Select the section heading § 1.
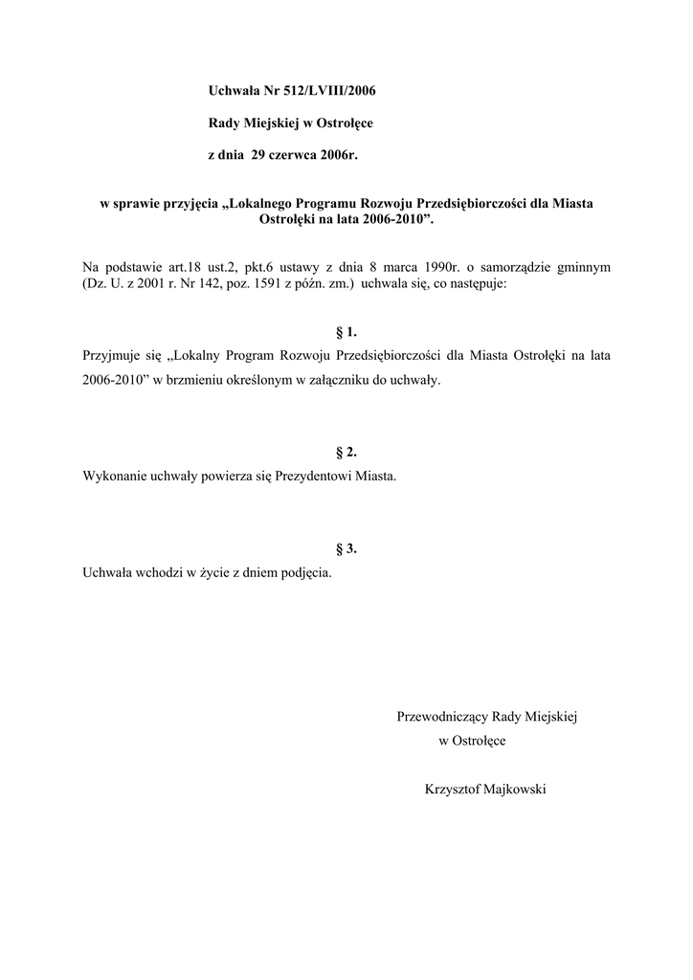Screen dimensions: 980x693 (346, 332)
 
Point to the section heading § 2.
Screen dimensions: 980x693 (346, 452)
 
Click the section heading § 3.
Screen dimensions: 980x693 (346, 548)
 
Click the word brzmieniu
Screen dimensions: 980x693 (192, 380)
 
